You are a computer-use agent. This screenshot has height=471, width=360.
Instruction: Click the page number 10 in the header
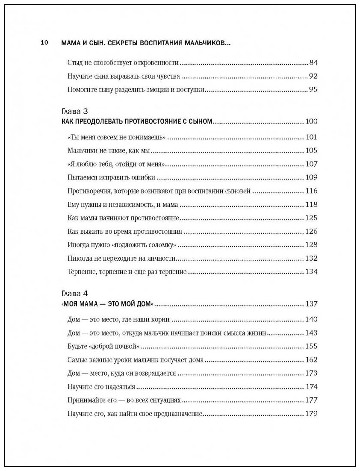tap(44, 43)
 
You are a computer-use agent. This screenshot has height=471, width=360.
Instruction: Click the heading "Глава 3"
tap(75, 111)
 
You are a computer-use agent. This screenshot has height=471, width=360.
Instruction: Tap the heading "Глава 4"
tap(75, 294)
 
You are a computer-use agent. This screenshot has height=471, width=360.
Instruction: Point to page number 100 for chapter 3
tap(311, 121)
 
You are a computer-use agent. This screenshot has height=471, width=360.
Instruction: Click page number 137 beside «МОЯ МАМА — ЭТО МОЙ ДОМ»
tap(311, 304)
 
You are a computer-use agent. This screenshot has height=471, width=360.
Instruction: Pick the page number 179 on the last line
tap(311, 414)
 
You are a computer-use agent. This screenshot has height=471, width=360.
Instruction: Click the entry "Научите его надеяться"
tap(101, 387)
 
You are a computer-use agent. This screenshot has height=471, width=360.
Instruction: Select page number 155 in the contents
tap(311, 346)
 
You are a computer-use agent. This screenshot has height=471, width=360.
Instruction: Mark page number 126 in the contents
tap(311, 232)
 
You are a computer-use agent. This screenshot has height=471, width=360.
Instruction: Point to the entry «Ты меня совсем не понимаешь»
tap(116, 137)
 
